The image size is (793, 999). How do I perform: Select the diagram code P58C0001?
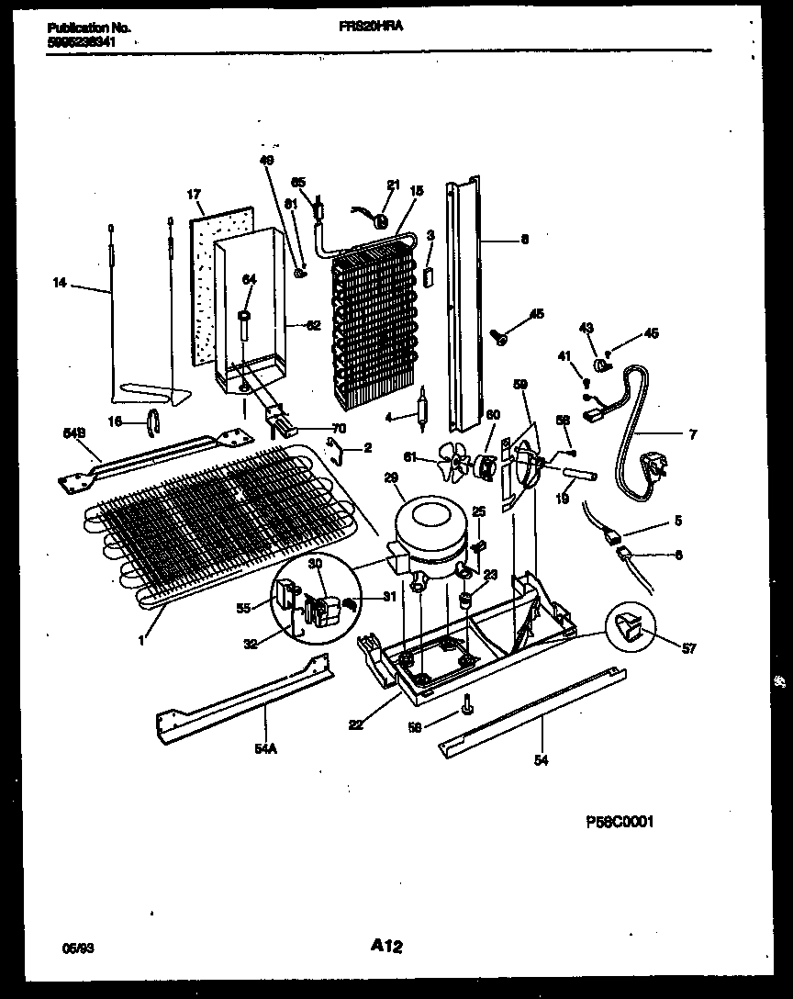[x=619, y=824]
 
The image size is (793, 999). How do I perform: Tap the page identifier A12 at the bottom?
[x=388, y=946]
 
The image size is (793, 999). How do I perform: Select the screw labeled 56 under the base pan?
[x=468, y=706]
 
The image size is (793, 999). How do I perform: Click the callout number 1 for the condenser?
[x=140, y=640]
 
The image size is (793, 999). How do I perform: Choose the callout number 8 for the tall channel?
[x=524, y=241]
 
